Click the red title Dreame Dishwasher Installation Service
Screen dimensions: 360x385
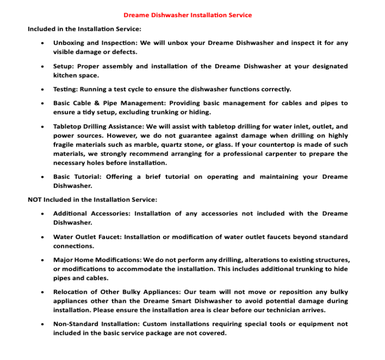pos(187,15)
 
